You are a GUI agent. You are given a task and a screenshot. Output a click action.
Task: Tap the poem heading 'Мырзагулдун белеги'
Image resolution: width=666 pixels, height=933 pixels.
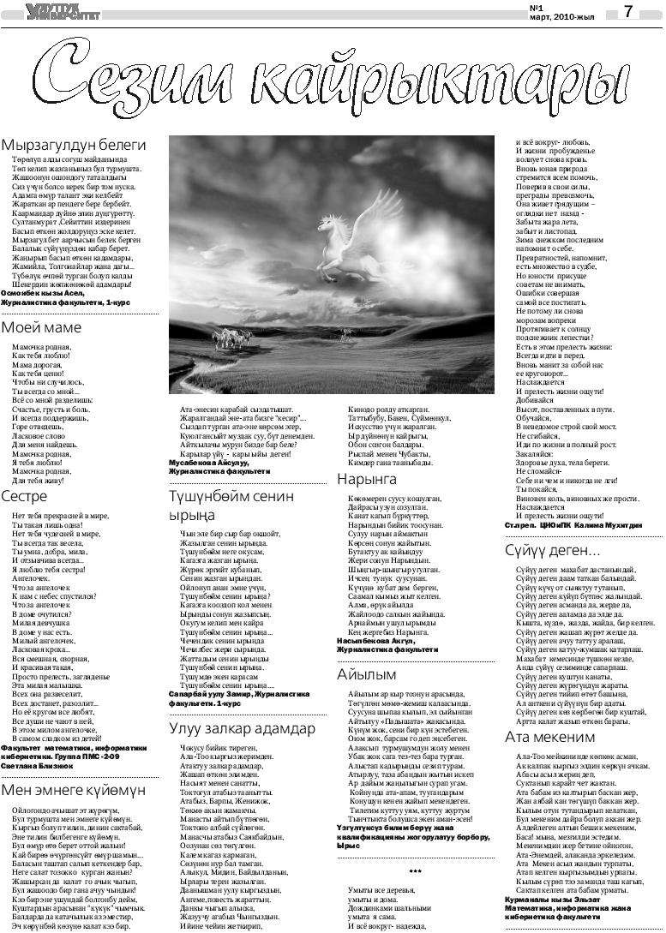point(73,145)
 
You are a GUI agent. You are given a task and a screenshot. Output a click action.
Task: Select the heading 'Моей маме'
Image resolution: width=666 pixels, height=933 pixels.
point(41,327)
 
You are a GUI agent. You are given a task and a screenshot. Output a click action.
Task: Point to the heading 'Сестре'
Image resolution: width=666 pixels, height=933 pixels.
point(24,495)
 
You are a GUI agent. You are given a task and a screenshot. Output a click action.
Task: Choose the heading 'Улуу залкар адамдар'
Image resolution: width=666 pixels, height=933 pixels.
point(242,729)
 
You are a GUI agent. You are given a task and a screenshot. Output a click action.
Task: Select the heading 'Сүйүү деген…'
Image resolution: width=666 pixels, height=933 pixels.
point(551,549)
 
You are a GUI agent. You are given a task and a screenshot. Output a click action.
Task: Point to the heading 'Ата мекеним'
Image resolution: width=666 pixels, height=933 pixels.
point(549,737)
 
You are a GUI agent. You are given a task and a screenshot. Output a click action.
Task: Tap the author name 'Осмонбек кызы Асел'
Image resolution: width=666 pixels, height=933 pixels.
point(40,293)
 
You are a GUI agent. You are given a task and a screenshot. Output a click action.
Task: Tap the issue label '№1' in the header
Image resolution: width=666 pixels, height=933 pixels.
point(537,7)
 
